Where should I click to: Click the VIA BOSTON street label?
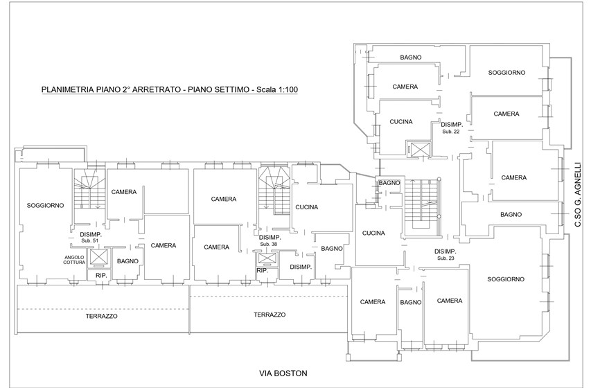[x=283, y=373]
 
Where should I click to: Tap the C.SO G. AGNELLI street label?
[x=578, y=195]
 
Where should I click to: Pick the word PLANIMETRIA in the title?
[x=62, y=90]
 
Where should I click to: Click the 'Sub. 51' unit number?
[x=89, y=240]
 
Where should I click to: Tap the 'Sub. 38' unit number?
[x=268, y=244]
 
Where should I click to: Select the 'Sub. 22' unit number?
[x=451, y=132]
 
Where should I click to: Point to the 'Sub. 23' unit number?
[x=446, y=258]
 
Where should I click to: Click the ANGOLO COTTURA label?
[x=74, y=260]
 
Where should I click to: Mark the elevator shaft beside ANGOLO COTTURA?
[x=98, y=258]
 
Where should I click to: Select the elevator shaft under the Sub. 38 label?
[x=267, y=259]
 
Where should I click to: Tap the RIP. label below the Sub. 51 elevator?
[x=101, y=276]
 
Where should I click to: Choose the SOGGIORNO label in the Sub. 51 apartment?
[x=45, y=206]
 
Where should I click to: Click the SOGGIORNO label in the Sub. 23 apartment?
[x=506, y=279]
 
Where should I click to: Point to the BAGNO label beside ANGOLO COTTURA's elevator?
[x=127, y=261]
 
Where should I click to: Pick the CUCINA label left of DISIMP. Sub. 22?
[x=401, y=122]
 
